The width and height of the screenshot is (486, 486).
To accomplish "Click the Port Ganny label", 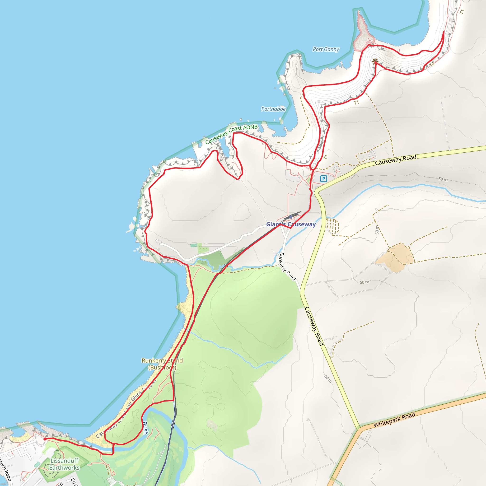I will point(326,49).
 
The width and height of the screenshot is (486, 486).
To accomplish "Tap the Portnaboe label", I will point(273,109).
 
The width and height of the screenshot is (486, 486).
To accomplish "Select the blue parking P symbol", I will point(323,179).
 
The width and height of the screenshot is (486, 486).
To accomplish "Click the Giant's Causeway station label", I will point(291,224).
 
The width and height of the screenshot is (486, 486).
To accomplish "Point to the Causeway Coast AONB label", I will point(231,134).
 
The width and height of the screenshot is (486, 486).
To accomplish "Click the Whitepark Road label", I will point(394,420).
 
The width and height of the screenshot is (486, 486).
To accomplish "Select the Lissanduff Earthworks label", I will point(64,464).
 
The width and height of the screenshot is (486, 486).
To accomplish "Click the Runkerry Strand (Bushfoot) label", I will point(162,364).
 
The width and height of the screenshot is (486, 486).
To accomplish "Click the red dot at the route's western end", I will point(45,439).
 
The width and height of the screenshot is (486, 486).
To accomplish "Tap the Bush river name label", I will point(145,428).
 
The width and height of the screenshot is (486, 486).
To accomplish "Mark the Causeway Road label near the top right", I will point(396,160).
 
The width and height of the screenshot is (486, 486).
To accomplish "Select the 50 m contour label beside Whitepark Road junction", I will point(328,379).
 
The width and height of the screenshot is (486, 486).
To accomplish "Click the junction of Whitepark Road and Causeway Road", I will point(360,427).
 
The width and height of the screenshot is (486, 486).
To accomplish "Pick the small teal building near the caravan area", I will point(194,245).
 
